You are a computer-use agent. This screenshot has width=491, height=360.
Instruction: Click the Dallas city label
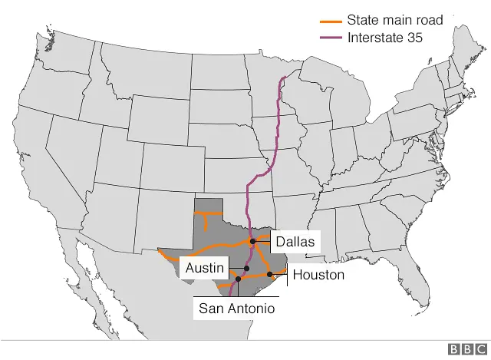click(295, 241)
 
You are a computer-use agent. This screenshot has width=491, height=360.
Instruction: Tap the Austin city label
click(205, 268)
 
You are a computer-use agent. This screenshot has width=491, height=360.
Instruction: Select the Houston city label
click(318, 274)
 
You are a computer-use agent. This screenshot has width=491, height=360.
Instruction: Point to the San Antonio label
click(236, 308)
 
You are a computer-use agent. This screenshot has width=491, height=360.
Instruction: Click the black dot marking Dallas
click(252, 242)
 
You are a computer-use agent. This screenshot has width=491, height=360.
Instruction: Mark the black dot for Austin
click(246, 269)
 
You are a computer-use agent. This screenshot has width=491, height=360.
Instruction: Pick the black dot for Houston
click(270, 274)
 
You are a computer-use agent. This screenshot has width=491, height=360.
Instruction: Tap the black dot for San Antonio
click(238, 279)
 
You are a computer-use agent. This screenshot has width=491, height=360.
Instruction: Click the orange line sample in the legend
click(331, 21)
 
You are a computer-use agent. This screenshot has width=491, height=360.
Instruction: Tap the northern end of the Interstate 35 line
click(285, 77)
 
